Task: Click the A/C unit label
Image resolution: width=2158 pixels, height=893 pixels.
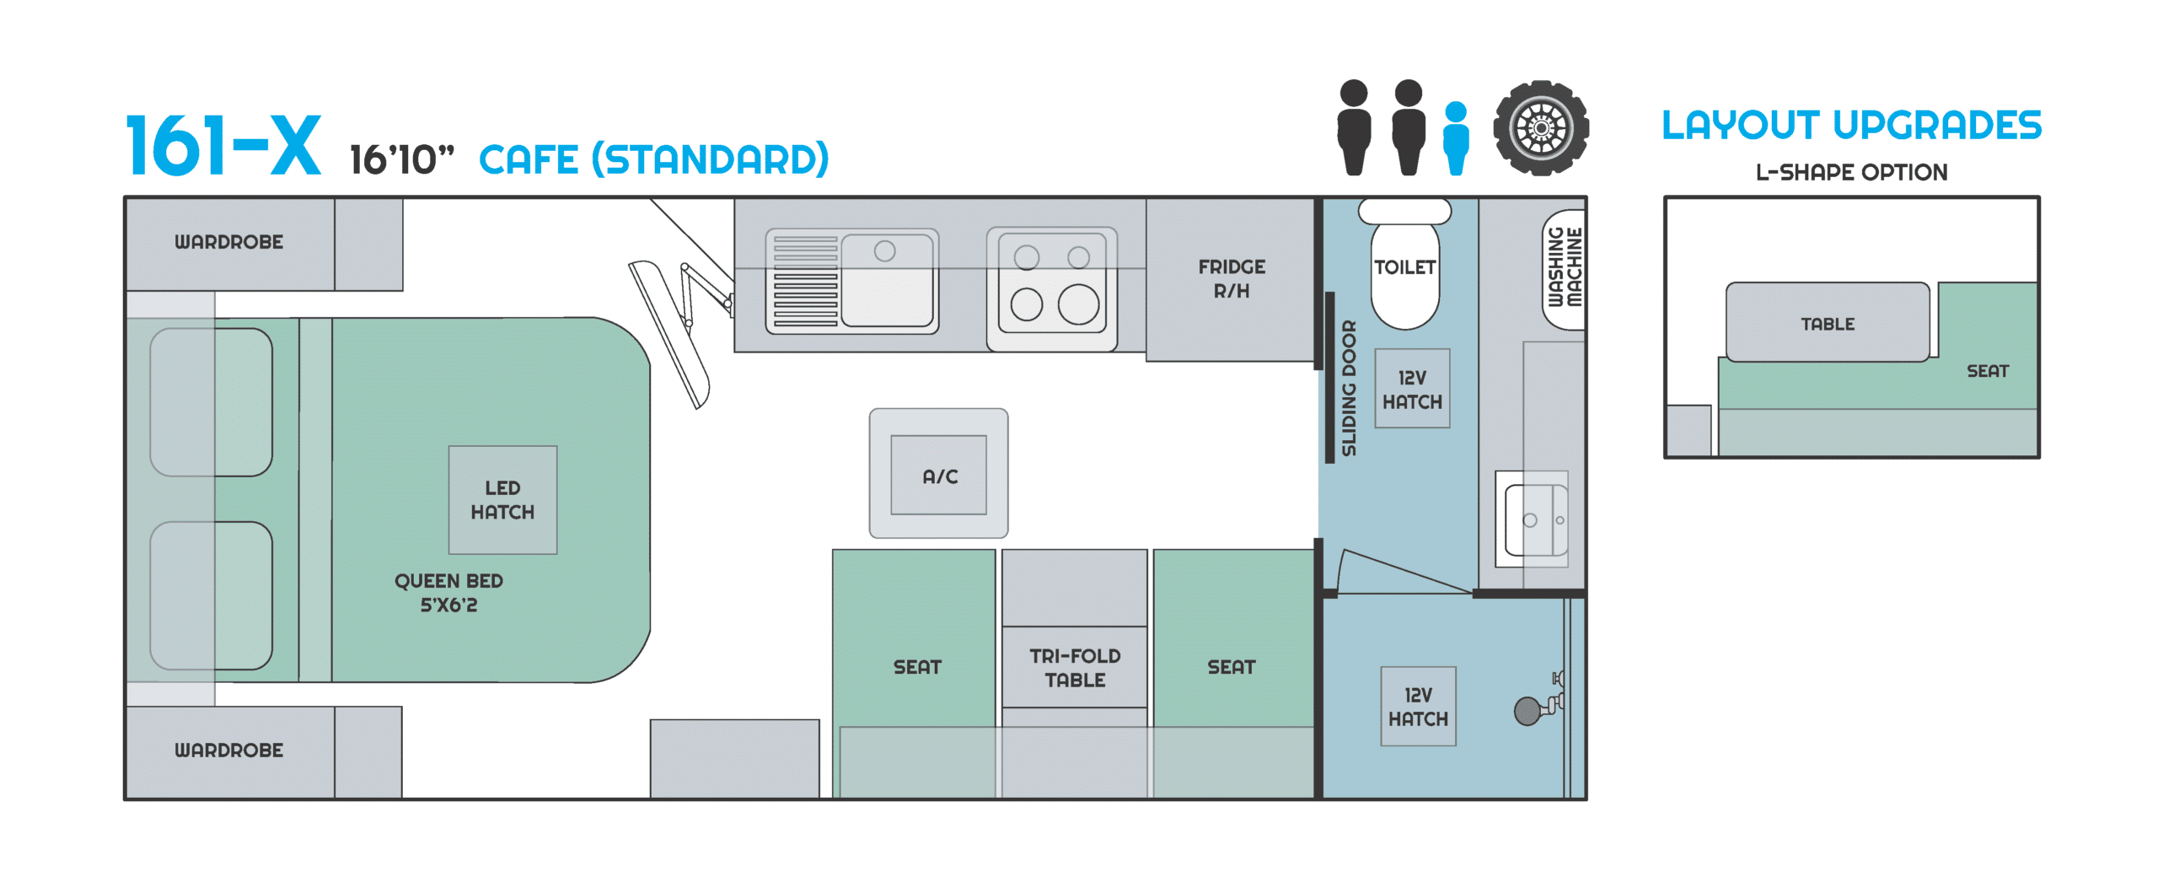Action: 939,476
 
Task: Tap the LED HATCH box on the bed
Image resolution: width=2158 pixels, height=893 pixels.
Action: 502,500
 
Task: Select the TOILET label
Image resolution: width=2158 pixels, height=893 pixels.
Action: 1404,267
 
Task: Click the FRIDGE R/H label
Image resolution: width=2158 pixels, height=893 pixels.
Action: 1232,278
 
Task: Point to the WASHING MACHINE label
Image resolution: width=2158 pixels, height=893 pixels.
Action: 1565,268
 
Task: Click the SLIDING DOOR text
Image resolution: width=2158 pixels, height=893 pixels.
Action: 1349,388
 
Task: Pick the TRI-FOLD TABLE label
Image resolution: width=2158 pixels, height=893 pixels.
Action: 1075,668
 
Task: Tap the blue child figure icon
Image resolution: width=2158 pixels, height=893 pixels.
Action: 1456,138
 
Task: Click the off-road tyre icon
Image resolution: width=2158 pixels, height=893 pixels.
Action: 1541,128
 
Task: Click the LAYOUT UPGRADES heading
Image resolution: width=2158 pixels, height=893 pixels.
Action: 1851,126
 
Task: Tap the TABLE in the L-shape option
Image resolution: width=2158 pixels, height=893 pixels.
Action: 1828,324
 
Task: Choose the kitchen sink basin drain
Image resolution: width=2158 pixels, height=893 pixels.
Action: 884,250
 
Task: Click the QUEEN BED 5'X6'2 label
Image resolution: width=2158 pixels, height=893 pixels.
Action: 448,593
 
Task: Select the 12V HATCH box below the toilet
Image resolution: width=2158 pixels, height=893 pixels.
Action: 1412,390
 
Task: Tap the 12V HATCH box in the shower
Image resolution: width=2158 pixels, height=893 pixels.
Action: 1418,707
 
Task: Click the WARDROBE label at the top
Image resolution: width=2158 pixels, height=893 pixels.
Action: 228,242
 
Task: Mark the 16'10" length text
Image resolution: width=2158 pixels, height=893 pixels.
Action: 401,160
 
